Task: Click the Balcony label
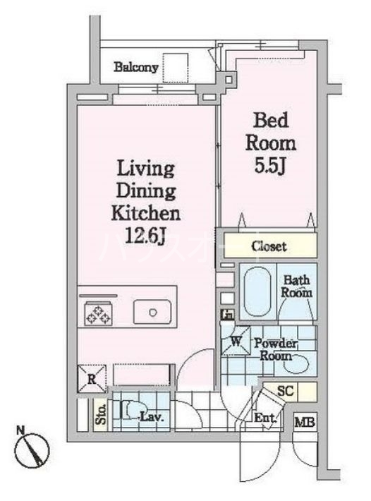coord(135,68)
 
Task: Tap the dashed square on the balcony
coord(176,68)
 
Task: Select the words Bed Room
coord(269,131)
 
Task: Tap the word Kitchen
coord(145,212)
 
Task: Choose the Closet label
coord(269,246)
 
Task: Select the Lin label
coord(227,314)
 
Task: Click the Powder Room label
coord(276,349)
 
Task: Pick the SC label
coord(286,390)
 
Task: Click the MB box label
coord(305,423)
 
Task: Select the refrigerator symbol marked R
coord(92,378)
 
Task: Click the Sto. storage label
coord(101,414)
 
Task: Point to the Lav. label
coord(152,417)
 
